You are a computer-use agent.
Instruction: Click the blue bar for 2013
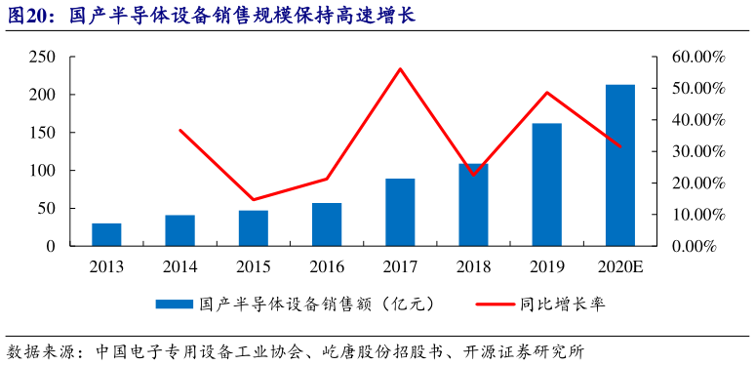click(x=107, y=235)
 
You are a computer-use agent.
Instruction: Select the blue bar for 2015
click(x=254, y=228)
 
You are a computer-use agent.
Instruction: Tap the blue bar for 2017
click(x=400, y=212)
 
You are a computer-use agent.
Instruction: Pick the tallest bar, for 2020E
click(x=620, y=165)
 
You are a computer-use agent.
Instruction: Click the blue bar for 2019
click(x=546, y=184)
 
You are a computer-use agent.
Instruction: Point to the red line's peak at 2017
click(x=400, y=68)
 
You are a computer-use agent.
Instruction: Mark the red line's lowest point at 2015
click(x=254, y=200)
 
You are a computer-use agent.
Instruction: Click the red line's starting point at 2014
click(x=180, y=130)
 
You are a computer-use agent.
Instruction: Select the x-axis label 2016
click(x=327, y=266)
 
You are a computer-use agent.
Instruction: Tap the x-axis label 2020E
click(x=620, y=266)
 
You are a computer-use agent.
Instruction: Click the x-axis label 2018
click(x=473, y=266)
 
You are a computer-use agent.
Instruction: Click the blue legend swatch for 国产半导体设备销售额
click(x=175, y=304)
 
